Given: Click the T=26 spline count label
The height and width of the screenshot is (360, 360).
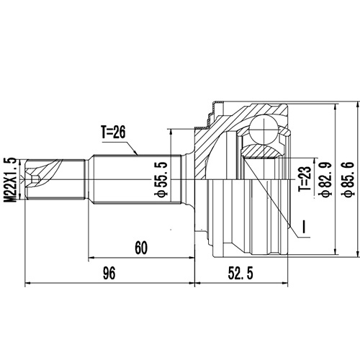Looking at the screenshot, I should tap(114, 132).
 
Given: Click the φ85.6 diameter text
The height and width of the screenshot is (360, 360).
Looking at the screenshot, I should tap(346, 178).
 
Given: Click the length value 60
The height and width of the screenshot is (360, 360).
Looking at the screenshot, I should tap(140, 248).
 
